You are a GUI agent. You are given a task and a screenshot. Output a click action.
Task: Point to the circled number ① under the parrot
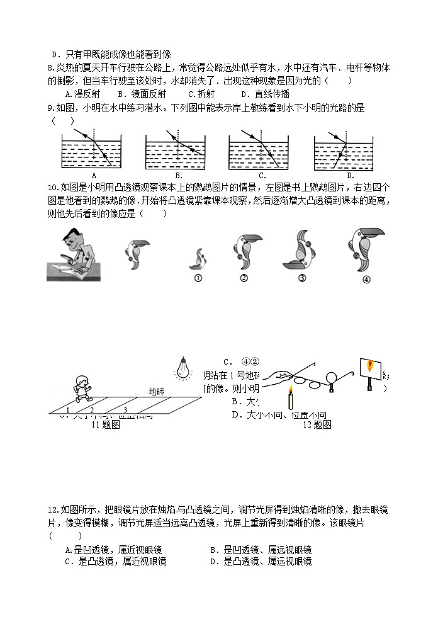pos(198,280)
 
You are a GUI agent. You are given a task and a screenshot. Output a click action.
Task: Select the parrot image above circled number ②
pos(244,252)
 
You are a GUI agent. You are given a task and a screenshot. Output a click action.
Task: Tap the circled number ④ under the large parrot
pos(366,280)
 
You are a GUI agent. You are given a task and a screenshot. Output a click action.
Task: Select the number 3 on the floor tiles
pos(125,410)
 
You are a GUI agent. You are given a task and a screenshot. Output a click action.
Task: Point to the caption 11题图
pos(105,425)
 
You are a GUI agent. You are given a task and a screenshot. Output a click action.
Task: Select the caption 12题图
pos(317,425)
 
